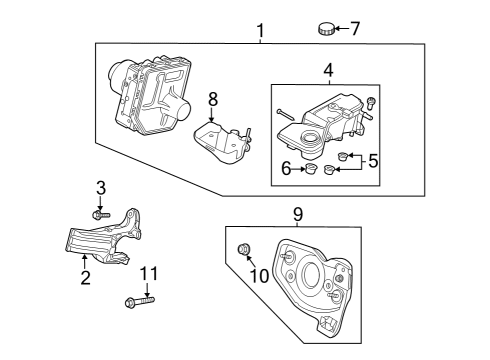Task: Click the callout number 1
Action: click(x=260, y=31)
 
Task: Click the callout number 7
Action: click(x=355, y=27)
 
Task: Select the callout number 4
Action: click(x=327, y=71)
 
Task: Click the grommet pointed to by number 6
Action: click(x=310, y=171)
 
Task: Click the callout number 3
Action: click(x=100, y=187)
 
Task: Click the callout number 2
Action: click(x=85, y=278)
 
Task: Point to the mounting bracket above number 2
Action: click(x=100, y=240)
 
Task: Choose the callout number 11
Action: click(x=148, y=273)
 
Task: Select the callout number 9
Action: click(x=296, y=212)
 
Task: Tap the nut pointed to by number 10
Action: click(x=245, y=249)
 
